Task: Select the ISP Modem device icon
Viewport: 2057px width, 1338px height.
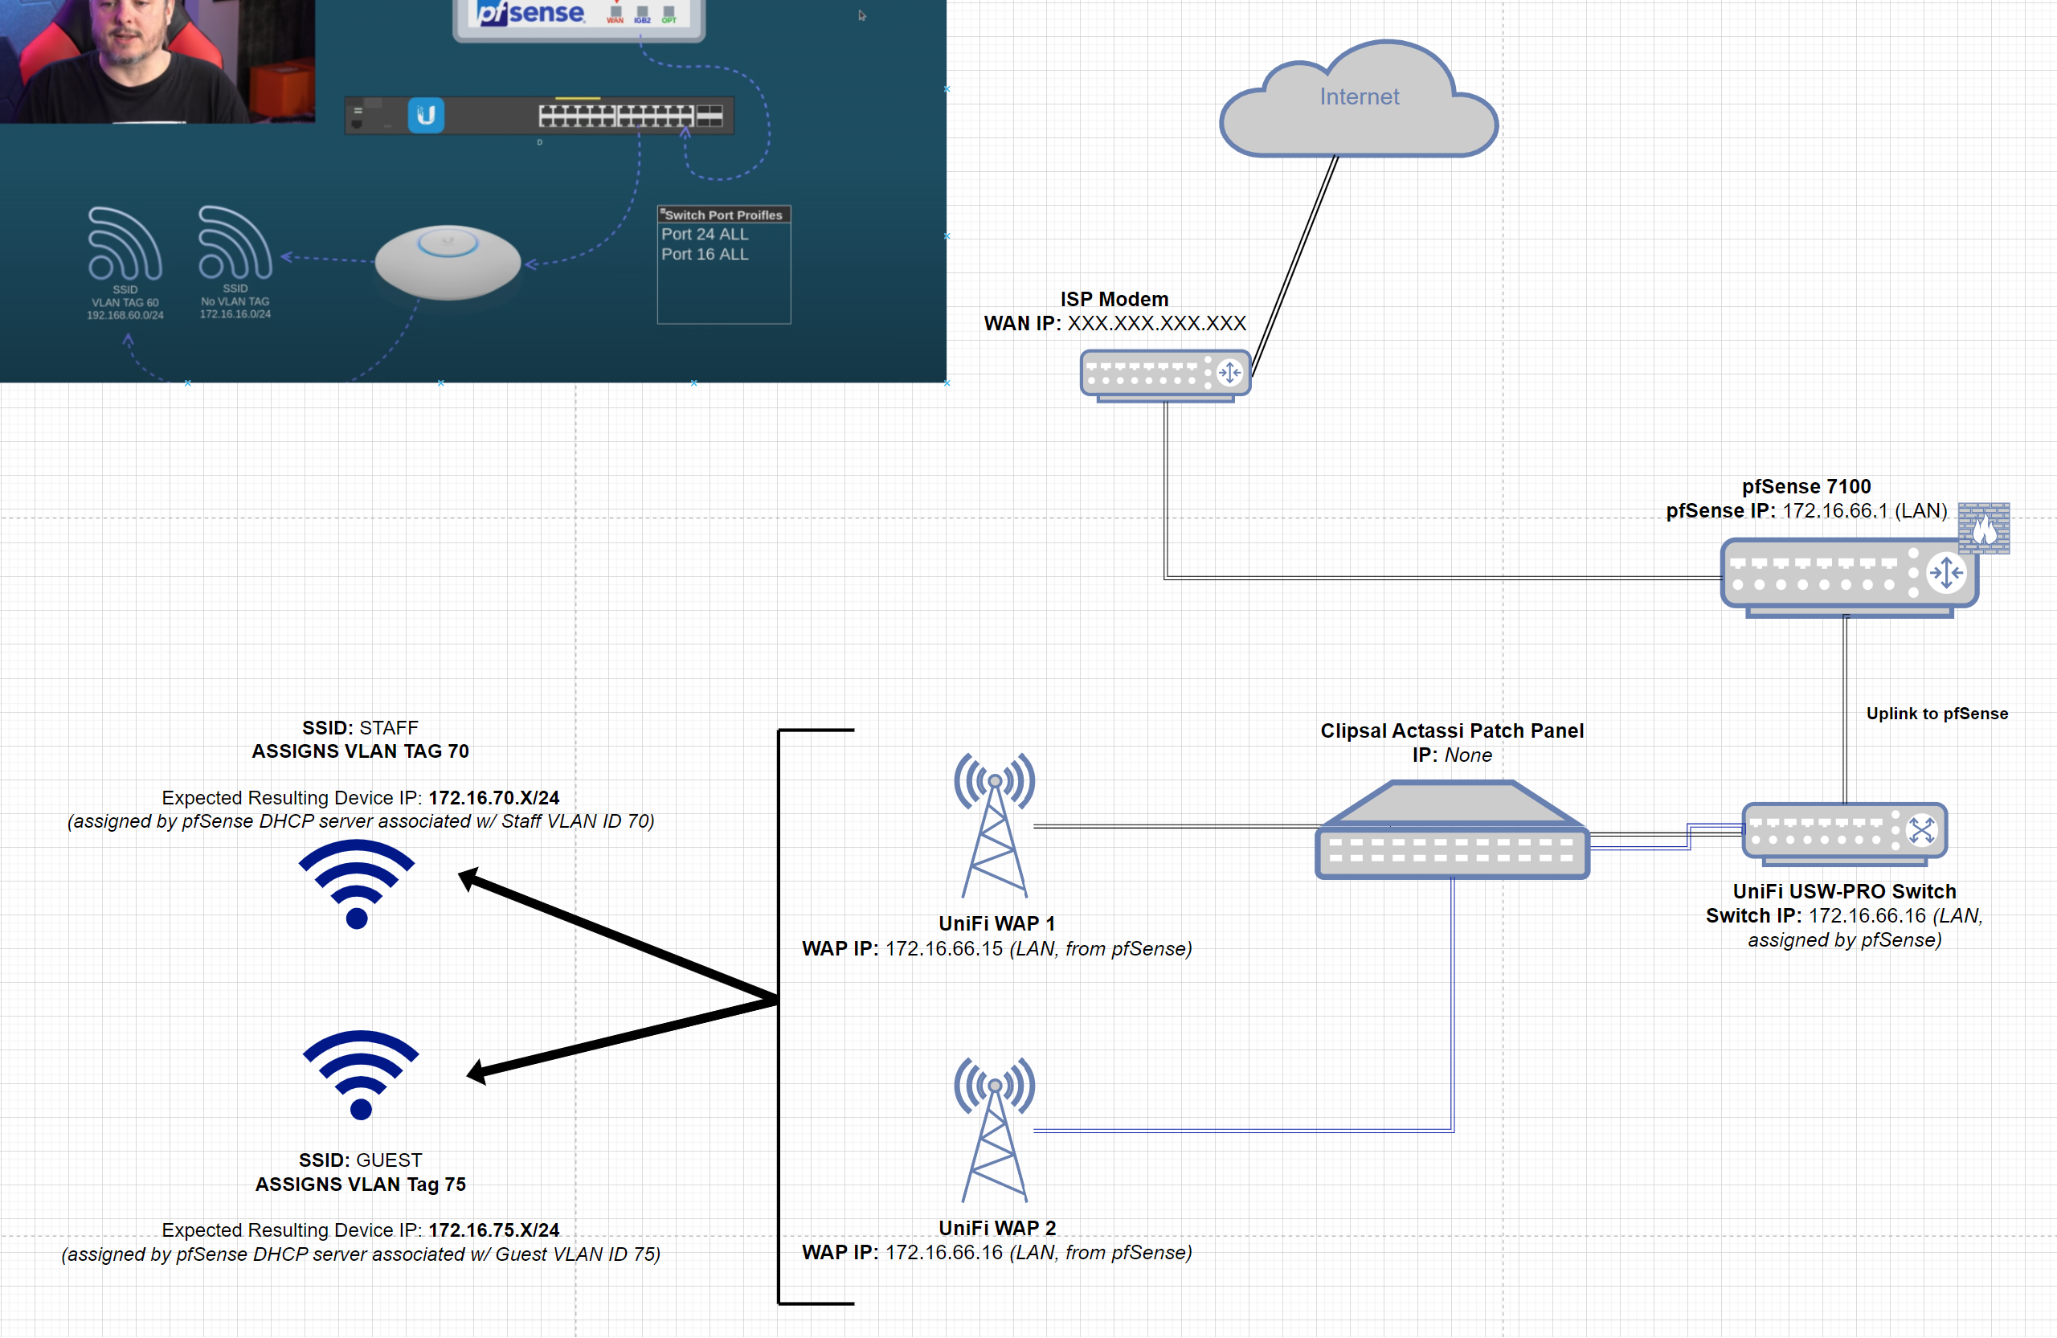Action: coord(1165,374)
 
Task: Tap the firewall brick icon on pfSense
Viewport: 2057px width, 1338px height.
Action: coord(1984,527)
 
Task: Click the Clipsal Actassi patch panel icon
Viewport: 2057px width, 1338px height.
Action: coord(1452,831)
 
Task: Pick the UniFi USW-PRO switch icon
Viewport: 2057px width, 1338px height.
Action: coord(1844,833)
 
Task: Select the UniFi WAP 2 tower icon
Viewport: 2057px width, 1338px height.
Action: coord(994,1129)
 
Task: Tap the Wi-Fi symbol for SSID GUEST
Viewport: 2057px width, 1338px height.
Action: coord(361,1074)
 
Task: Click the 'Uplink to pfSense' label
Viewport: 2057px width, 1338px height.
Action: coord(1936,713)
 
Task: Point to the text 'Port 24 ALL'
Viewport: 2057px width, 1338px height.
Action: coord(705,234)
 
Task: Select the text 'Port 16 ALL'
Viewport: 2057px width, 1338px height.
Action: coord(705,254)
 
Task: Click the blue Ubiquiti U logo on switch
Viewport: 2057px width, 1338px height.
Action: coord(426,115)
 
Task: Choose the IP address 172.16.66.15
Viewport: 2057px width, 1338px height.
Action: coord(944,948)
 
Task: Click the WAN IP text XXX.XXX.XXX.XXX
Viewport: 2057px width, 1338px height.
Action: coord(1156,323)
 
